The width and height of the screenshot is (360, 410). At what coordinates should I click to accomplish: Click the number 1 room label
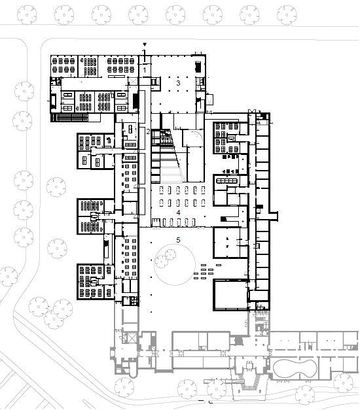(144, 70)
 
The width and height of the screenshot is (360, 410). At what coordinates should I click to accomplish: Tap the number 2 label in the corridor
(148, 131)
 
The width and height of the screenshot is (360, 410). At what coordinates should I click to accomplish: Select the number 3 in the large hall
(178, 83)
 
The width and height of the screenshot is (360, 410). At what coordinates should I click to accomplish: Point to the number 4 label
(178, 213)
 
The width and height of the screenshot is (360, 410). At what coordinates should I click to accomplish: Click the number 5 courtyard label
(178, 240)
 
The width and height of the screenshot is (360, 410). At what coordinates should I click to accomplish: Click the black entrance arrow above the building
(144, 44)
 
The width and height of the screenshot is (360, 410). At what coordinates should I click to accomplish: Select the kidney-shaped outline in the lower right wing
(274, 369)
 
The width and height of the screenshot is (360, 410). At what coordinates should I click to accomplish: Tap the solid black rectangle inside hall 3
(198, 67)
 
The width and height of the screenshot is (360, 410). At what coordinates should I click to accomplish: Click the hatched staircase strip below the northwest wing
(72, 118)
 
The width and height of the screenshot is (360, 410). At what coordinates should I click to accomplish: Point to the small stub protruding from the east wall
(274, 216)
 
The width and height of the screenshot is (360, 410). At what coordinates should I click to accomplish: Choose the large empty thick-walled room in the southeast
(230, 295)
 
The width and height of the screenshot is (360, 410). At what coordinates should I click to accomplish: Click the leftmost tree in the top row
(27, 14)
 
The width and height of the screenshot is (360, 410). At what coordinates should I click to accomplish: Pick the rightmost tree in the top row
(287, 14)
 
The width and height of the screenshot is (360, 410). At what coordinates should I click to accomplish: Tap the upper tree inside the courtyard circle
(170, 254)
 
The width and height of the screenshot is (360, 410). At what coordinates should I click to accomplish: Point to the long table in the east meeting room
(226, 181)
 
